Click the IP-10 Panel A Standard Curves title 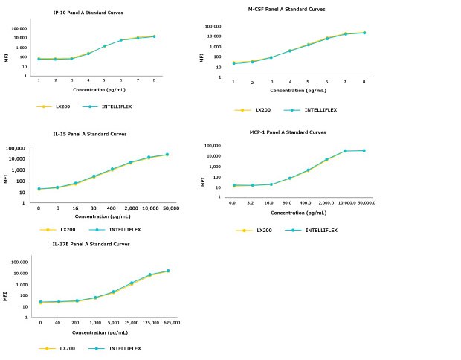click(x=88, y=13)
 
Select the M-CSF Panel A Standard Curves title click(x=286, y=10)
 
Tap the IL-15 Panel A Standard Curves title click(x=91, y=134)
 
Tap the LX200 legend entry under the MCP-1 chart click(x=257, y=230)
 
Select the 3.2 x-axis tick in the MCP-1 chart click(x=251, y=202)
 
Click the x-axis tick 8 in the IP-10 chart click(x=154, y=80)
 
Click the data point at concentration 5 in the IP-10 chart click(x=105, y=46)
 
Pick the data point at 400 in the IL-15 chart click(x=112, y=170)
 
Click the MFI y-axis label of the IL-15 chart click(x=7, y=178)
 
